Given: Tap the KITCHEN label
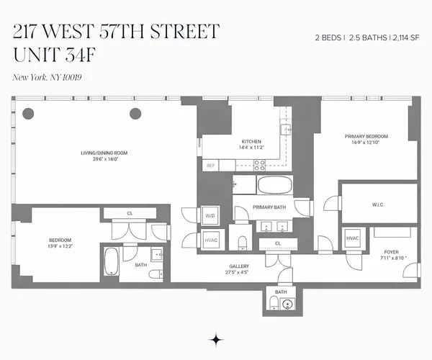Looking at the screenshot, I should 251,141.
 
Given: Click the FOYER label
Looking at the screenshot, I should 391,252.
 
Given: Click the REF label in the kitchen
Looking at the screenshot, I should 211,166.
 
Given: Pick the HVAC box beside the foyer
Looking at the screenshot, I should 353,238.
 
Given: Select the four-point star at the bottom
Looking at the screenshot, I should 215,338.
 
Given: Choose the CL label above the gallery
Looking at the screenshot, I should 278,243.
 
